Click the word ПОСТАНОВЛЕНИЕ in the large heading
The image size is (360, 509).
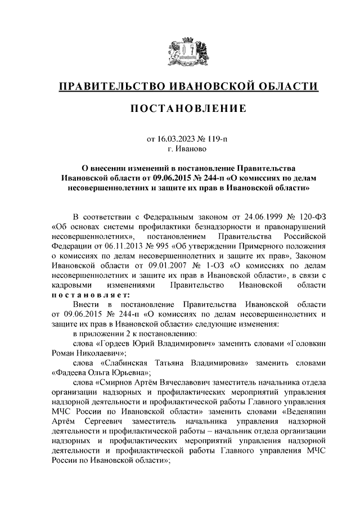[x=188, y=109]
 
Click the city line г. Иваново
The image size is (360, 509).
[x=188, y=149]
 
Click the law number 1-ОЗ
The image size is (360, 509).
[x=223, y=265]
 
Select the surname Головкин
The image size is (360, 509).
[x=303, y=343]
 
